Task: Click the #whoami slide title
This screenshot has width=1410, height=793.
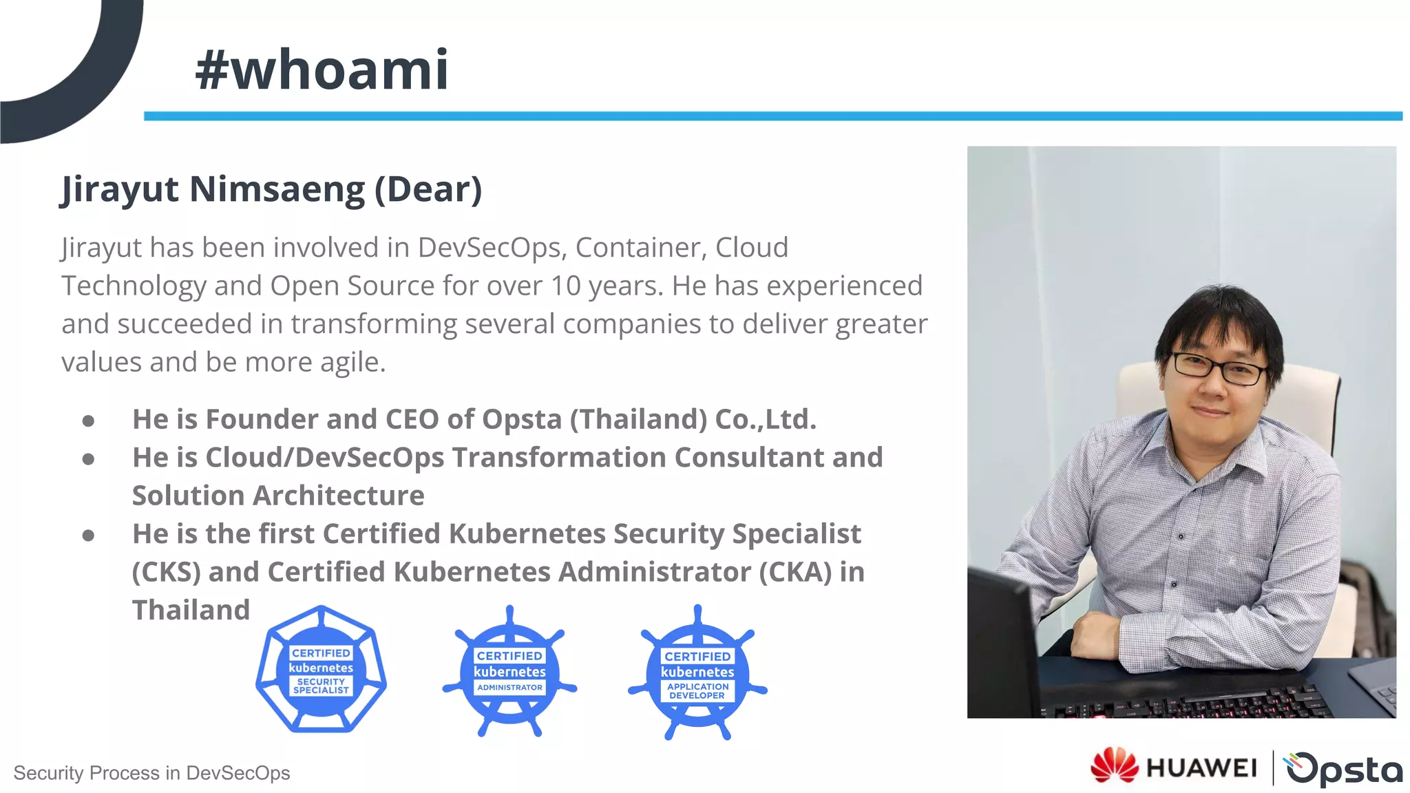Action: pos(322,70)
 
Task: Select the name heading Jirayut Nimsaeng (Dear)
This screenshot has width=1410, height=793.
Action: pos(271,189)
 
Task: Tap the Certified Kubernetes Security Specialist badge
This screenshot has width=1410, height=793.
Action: pos(321,670)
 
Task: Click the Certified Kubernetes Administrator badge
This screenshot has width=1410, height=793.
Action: pos(509,672)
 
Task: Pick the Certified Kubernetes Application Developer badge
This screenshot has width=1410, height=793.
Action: pos(697,673)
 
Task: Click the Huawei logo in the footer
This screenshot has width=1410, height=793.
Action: pos(1173,767)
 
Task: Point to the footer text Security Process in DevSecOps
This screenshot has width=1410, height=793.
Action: pos(151,773)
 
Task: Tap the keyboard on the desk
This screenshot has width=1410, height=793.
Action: pos(1184,706)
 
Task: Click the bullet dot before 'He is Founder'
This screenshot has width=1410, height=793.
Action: pos(88,421)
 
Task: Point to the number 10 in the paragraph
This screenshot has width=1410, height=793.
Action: pos(565,286)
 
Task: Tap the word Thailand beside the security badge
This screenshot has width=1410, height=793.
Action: pos(191,610)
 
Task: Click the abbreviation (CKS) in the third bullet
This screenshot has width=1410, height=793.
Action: pos(166,572)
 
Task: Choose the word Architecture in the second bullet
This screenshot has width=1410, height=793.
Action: pos(339,496)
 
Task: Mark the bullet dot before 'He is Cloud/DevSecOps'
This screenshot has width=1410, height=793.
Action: pos(88,459)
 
